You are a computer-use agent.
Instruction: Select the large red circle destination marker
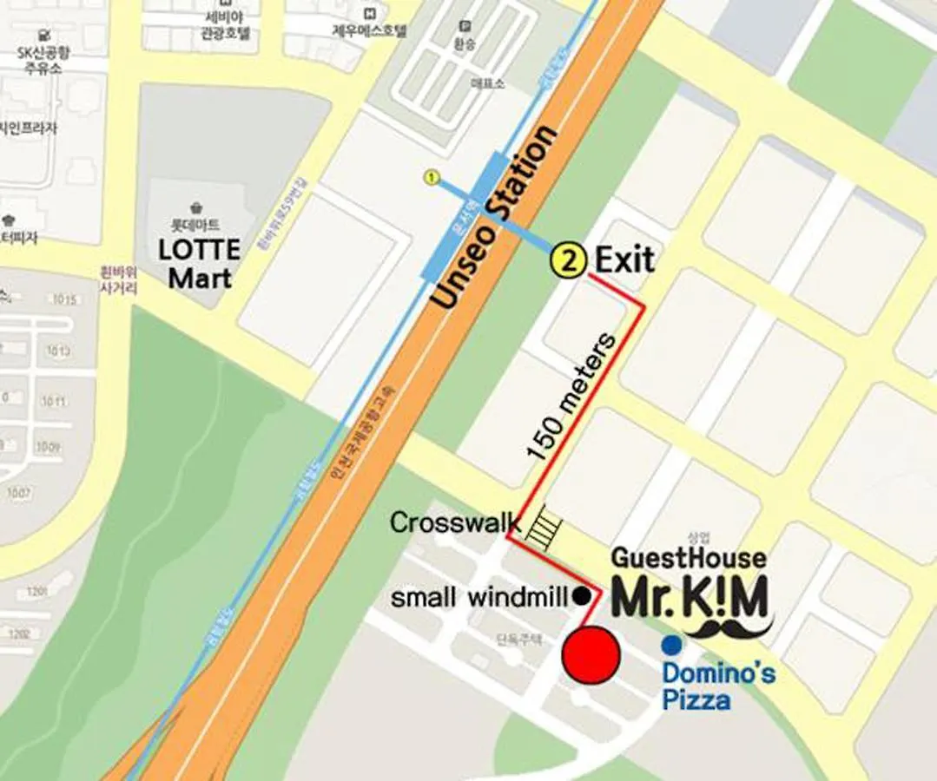tap(591, 657)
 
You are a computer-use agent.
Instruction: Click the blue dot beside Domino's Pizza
tap(671, 646)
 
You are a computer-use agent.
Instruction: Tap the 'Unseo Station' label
tap(494, 218)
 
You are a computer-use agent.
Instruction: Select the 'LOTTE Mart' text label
tap(199, 264)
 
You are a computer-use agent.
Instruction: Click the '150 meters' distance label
tap(571, 394)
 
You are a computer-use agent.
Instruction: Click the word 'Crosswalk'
tap(455, 522)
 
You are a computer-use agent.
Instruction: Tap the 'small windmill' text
tap(479, 598)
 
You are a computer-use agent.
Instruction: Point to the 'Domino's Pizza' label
tap(718, 686)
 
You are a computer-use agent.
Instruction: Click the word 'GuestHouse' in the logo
tap(689, 558)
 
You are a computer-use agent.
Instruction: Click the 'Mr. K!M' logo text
tap(690, 596)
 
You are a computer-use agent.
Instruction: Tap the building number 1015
tap(63, 300)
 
